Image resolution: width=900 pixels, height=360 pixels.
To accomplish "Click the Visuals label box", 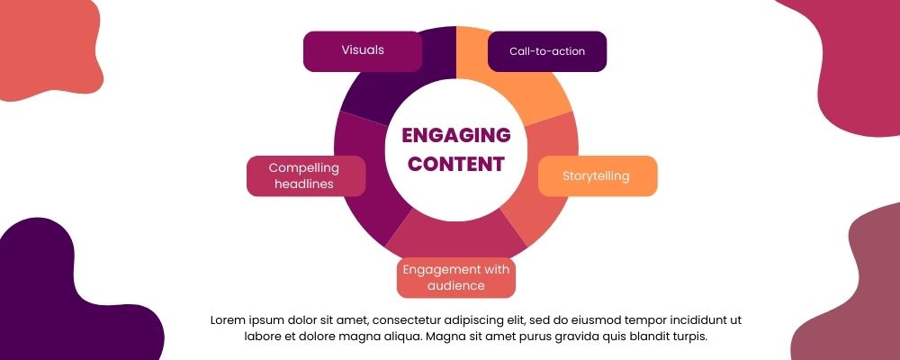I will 363,50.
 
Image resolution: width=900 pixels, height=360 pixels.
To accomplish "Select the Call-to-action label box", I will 547,51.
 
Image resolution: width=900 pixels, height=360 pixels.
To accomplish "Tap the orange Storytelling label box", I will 597,175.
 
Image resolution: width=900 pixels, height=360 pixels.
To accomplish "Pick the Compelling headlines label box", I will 306,175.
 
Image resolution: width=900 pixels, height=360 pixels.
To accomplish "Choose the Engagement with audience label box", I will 456,277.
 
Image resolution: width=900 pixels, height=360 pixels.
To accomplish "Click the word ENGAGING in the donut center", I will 456,136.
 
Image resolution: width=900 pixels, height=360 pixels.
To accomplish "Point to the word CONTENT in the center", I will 456,165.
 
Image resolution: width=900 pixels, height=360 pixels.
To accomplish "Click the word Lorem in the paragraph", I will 229,319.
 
